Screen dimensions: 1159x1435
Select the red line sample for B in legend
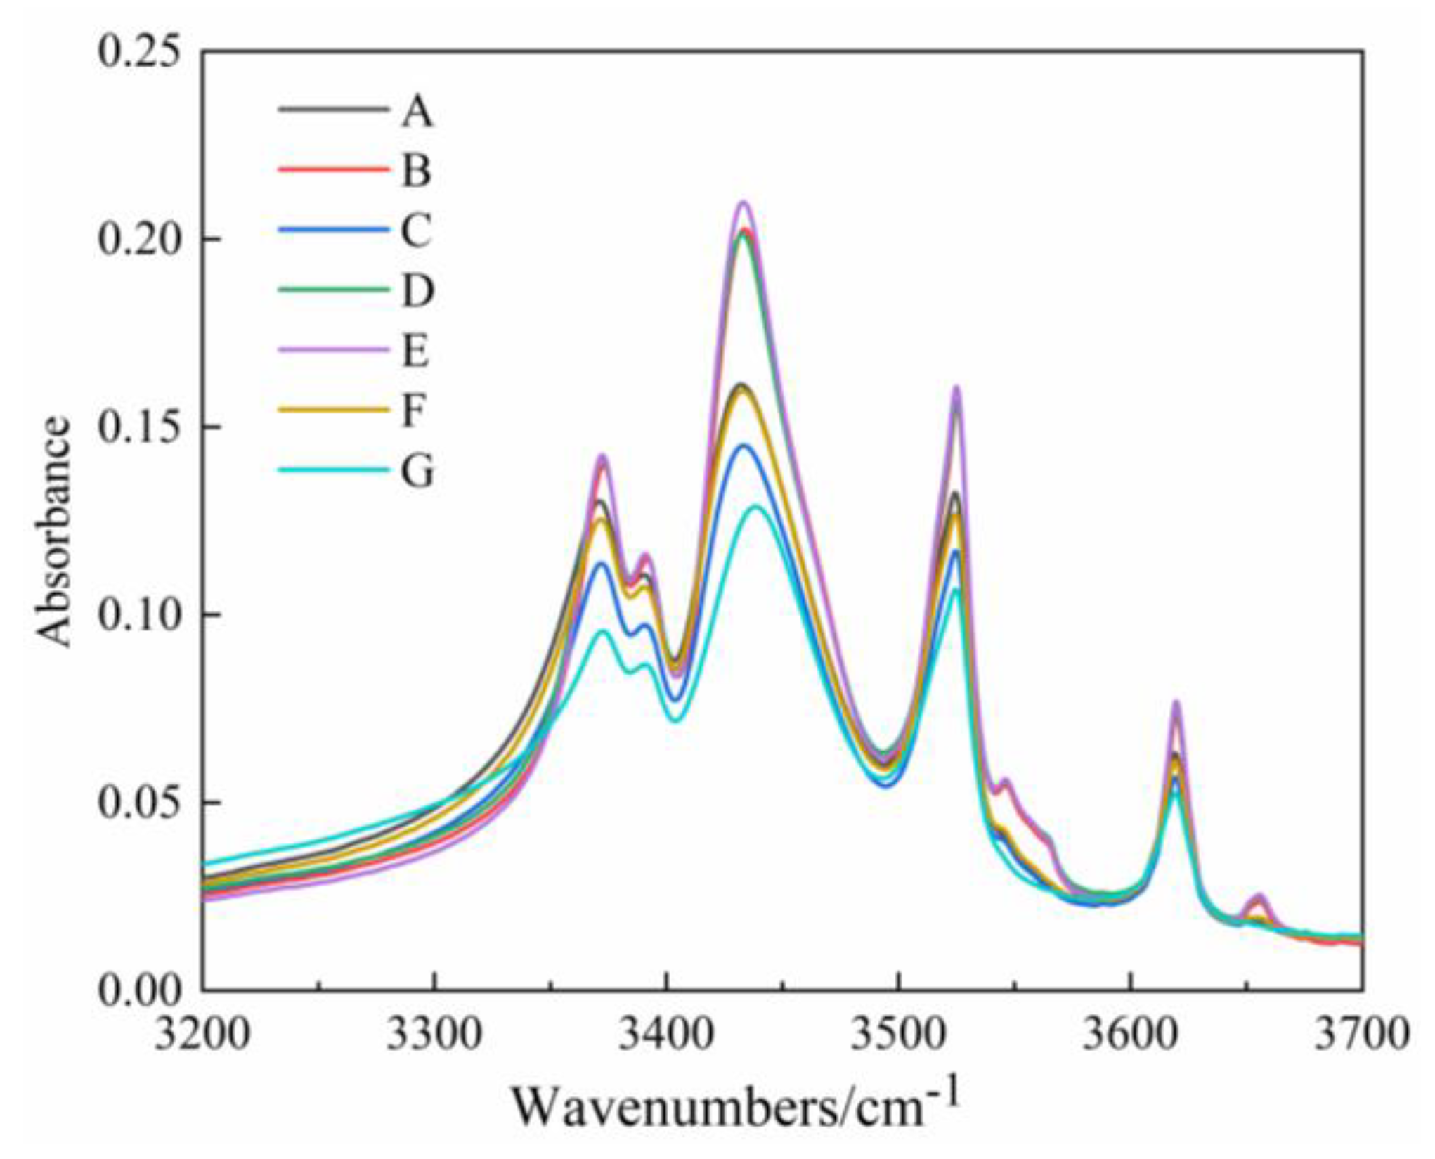tap(333, 169)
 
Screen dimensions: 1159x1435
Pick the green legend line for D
tap(333, 289)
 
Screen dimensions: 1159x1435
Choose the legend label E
tap(415, 350)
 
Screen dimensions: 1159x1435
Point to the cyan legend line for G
tap(333, 469)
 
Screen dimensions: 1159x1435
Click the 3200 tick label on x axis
tap(202, 1035)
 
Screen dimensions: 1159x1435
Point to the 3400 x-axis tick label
tap(667, 1035)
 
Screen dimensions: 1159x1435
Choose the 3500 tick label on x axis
tap(898, 1035)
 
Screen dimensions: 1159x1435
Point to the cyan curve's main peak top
tap(756, 506)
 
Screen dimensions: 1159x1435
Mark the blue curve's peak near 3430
tap(744, 445)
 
